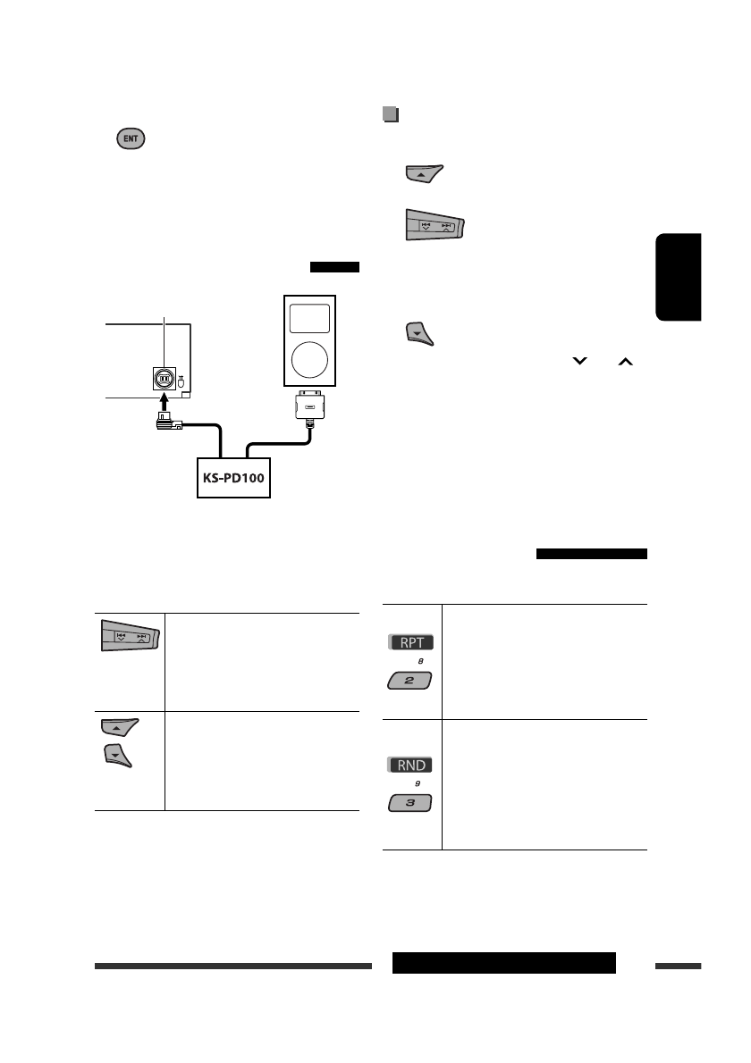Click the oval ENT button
[x=130, y=140]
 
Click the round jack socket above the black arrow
[x=164, y=378]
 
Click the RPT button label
[x=411, y=642]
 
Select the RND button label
[x=411, y=765]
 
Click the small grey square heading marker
[x=389, y=114]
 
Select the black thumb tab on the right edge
[x=679, y=277]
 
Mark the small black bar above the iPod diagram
[x=334, y=266]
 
